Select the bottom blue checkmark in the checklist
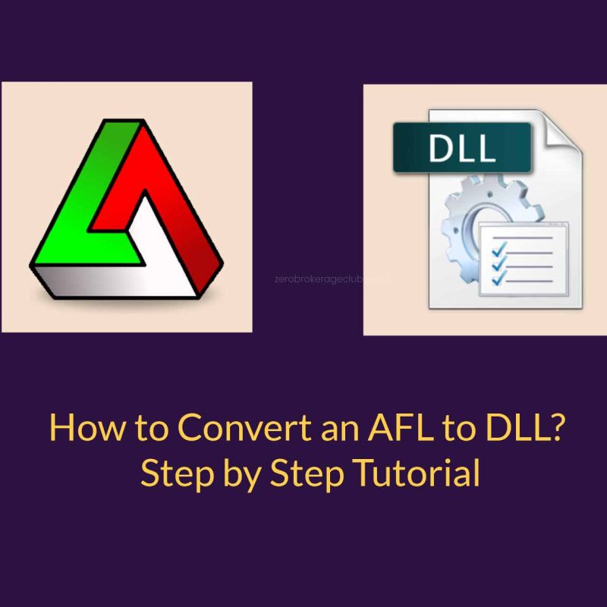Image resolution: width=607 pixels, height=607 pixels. pos(498,278)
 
